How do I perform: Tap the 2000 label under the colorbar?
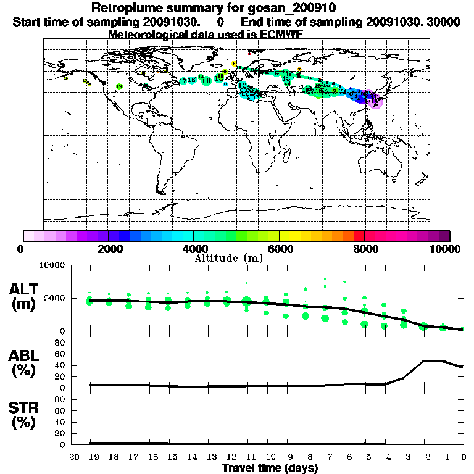108,249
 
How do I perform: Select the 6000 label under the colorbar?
280,249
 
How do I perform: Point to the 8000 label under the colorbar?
365,249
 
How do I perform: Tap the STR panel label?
25,408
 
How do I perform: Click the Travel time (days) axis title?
270,468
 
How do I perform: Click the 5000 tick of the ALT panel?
54,297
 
